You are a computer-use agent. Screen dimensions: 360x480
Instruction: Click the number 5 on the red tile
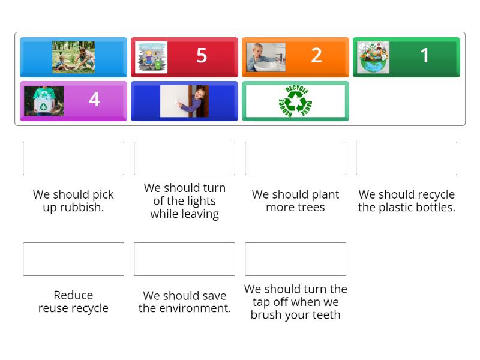[x=202, y=56]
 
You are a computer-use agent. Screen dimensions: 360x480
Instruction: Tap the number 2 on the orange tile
[x=316, y=56]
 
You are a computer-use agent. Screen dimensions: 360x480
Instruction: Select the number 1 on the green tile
[x=425, y=56]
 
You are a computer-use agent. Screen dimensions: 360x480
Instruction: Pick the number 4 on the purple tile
[x=94, y=99]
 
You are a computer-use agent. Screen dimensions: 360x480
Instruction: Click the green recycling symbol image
[x=295, y=101]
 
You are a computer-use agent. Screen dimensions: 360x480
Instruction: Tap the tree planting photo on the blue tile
[x=73, y=57]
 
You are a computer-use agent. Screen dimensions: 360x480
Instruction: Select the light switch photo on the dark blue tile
[x=184, y=101]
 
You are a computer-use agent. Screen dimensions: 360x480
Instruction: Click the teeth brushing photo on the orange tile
[x=266, y=57]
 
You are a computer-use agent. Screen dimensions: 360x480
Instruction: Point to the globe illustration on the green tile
[x=373, y=57]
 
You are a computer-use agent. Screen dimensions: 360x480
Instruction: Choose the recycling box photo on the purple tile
[x=44, y=101]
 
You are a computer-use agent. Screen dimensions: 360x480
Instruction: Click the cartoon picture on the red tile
[x=151, y=57]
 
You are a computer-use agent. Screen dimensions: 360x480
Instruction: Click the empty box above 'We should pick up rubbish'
[x=73, y=158]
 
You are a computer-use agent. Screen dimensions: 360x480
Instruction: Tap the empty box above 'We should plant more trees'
[x=295, y=158]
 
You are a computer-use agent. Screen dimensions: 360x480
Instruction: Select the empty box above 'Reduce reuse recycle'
[x=73, y=259]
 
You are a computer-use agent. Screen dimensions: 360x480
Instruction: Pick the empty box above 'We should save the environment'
[x=184, y=259]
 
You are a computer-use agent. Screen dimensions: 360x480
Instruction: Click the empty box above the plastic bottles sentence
[x=406, y=158]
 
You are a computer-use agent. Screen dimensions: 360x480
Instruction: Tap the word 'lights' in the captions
[x=201, y=201]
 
